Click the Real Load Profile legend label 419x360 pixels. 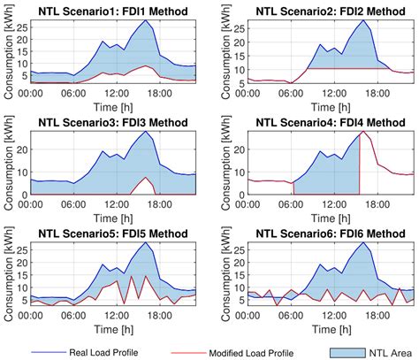[x=109, y=350]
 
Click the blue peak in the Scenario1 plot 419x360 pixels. [x=144, y=21]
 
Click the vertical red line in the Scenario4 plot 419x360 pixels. [x=360, y=164]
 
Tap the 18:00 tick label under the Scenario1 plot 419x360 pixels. [x=156, y=91]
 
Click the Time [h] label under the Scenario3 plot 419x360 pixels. [x=111, y=215]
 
